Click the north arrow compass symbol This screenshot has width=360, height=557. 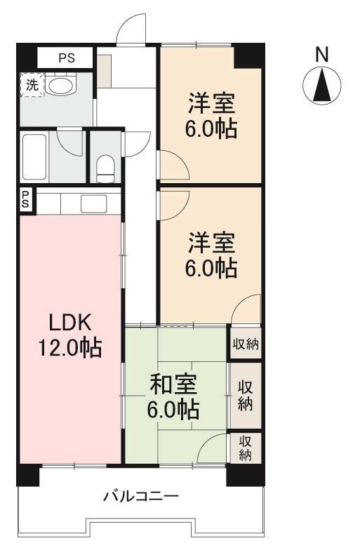tap(322, 86)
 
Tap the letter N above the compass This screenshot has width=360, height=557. tap(321, 55)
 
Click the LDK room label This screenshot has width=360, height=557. tap(70, 323)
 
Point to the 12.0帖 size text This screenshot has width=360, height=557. tap(70, 348)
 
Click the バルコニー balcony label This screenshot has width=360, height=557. tap(141, 496)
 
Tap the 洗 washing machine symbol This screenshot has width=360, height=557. tap(32, 85)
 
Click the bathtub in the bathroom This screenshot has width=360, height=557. tap(34, 156)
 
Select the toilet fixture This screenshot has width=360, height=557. tap(105, 168)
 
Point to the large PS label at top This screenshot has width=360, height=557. tap(67, 58)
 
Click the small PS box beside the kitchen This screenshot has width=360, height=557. tap(26, 201)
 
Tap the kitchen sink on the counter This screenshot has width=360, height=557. tap(94, 203)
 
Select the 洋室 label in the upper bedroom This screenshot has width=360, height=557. tap(211, 102)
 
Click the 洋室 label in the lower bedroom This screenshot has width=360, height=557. tap(211, 242)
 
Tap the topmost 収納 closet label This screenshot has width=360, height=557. tap(246, 344)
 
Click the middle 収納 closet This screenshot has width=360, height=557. tap(246, 396)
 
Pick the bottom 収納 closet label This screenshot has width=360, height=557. tap(245, 448)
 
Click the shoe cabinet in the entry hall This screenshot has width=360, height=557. tap(104, 71)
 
